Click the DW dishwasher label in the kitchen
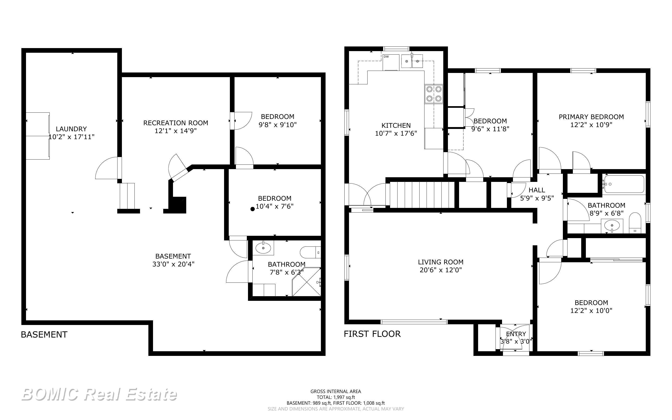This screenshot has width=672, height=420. pos(386,57)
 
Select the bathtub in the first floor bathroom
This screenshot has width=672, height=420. pos(624,184)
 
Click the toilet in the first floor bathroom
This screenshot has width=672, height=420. pos(635,223)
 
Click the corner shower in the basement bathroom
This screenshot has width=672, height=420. pos(307,282)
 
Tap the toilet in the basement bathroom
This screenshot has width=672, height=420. pos(310,253)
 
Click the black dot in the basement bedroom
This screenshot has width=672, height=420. pos(253,209)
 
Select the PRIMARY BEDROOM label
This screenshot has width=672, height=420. pos(591,117)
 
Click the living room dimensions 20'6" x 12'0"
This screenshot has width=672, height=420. pos(441,270)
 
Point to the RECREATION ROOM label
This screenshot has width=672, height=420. pos(176,123)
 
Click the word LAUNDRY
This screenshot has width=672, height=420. pos(71,129)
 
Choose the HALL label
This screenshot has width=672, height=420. pos(537,190)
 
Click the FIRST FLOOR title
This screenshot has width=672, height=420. pos(372,334)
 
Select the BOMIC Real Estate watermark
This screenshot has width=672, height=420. pos(99,394)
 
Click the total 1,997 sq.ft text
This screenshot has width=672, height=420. pos(336,397)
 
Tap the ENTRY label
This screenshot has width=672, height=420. pos(516,334)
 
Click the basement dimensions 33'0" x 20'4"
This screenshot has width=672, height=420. pos(173,264)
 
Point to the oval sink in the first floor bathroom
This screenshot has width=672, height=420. pos(612,224)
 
